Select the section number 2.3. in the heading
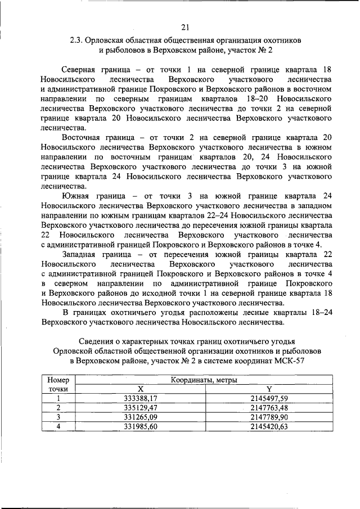pyautogui.click(x=78, y=40)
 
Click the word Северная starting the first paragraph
pyautogui.click(x=80, y=69)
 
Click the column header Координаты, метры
pyautogui.click(x=204, y=381)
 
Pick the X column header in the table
pyautogui.click(x=141, y=389)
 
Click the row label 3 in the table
pyautogui.click(x=58, y=417)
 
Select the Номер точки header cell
pyautogui.click(x=58, y=385)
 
